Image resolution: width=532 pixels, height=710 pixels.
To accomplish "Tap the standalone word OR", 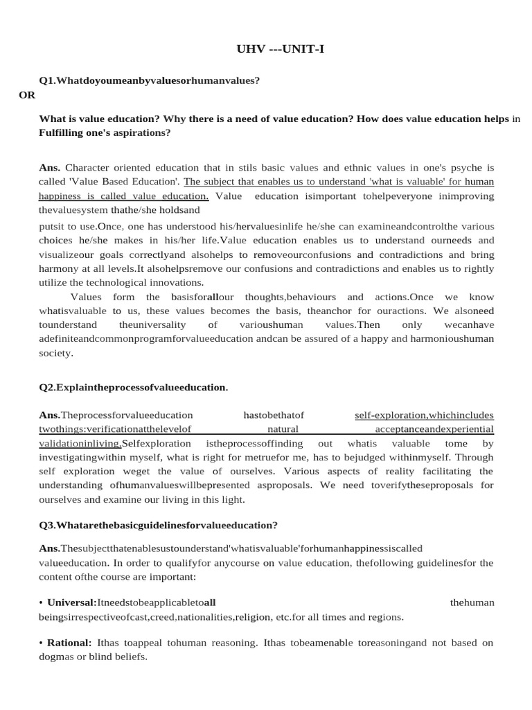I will click(26, 95).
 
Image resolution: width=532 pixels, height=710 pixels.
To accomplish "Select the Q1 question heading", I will click(150, 80).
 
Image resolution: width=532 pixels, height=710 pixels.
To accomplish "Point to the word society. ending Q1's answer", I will click(55, 352).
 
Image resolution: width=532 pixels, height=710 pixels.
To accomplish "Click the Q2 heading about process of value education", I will click(134, 387).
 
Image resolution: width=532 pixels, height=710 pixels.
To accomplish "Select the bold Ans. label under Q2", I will click(50, 415).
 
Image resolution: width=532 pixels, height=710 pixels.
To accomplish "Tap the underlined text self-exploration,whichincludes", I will click(424, 415).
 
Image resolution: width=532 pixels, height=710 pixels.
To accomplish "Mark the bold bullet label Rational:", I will click(71, 643).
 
